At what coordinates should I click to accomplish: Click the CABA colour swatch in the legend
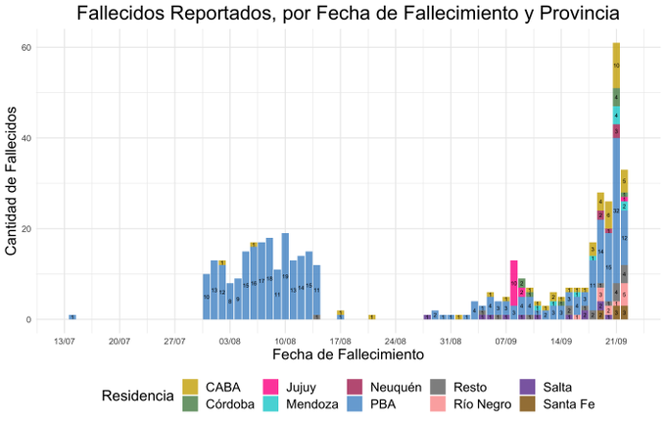[x=195, y=387]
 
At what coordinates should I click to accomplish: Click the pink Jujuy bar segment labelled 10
[x=513, y=283]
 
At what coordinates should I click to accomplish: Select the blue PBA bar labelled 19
[x=285, y=276]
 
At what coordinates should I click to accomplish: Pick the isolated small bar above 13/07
[x=72, y=316]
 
